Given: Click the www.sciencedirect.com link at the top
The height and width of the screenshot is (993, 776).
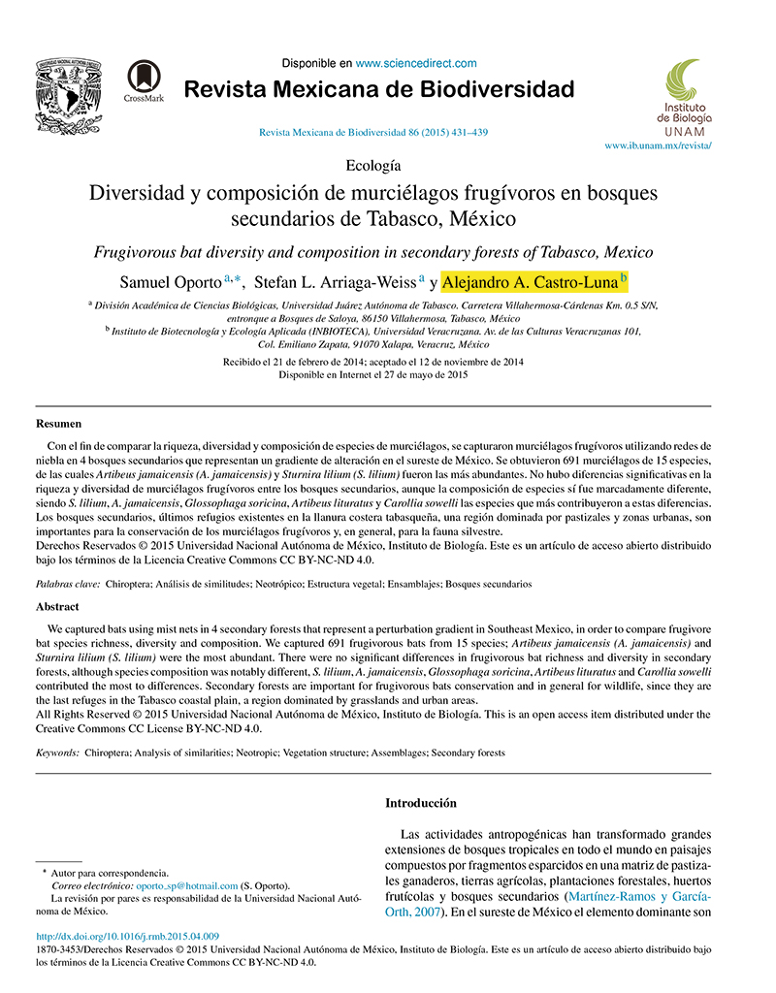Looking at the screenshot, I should (x=416, y=63).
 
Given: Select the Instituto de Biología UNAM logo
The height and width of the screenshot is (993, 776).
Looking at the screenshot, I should (x=686, y=97).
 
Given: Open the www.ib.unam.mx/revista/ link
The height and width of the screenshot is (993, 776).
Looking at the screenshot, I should (x=658, y=144).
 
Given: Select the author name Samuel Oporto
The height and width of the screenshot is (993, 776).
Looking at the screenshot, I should (x=171, y=283).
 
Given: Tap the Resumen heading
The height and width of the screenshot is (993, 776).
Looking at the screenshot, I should (x=58, y=424).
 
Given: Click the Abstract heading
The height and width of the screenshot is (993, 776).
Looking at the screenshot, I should (x=57, y=606).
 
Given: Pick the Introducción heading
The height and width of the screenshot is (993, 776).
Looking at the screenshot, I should (x=420, y=803).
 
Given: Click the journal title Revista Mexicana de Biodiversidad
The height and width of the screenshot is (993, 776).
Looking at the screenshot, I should (x=378, y=91).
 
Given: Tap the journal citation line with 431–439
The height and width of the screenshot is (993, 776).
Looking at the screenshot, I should (x=373, y=132).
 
